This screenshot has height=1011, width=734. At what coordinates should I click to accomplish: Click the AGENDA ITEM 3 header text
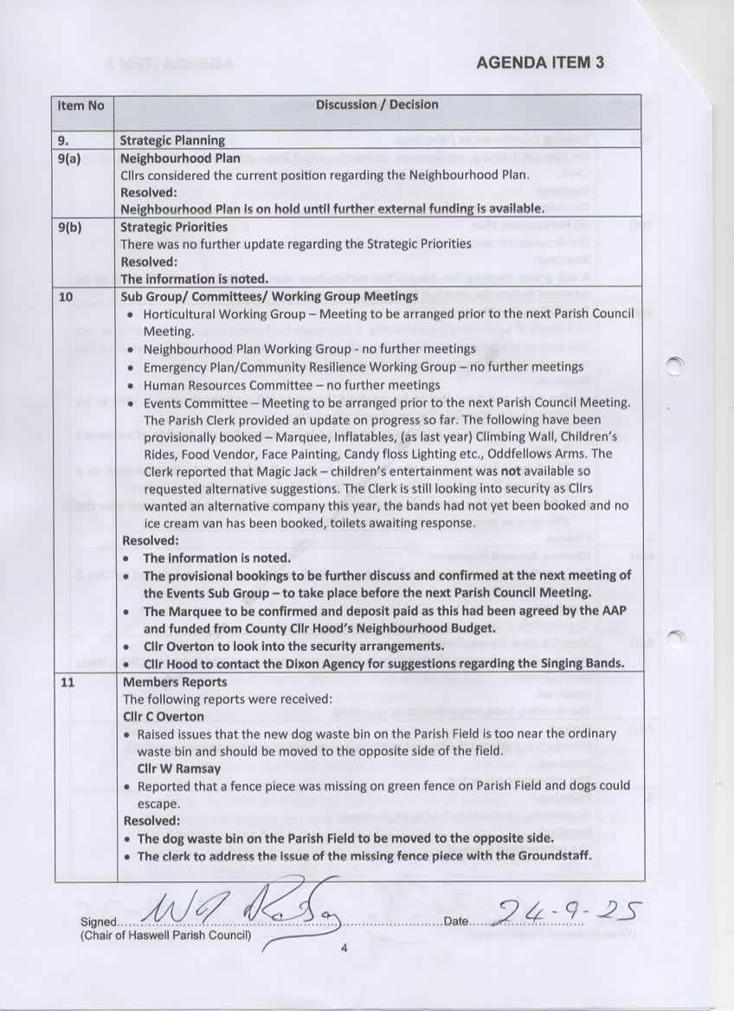pyautogui.click(x=540, y=62)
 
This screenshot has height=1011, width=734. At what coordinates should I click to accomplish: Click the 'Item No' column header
pyautogui.click(x=80, y=106)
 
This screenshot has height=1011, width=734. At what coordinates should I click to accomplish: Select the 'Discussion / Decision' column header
pyautogui.click(x=377, y=105)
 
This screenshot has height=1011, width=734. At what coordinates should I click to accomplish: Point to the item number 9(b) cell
pyautogui.click(x=70, y=227)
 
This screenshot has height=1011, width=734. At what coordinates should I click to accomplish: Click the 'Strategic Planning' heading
pyautogui.click(x=172, y=140)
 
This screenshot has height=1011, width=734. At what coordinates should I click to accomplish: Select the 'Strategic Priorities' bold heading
pyautogui.click(x=173, y=227)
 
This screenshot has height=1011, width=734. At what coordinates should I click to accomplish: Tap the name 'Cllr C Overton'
pyautogui.click(x=164, y=717)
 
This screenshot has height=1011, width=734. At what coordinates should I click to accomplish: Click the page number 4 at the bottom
pyautogui.click(x=344, y=949)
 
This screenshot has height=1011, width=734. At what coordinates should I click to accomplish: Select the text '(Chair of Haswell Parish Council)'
pyautogui.click(x=165, y=936)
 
